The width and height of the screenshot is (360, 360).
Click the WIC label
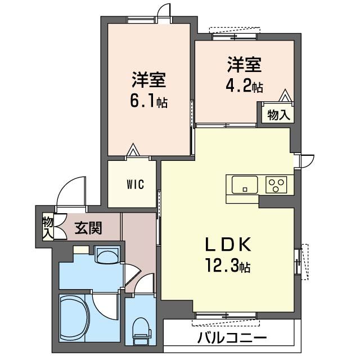coord(134,184)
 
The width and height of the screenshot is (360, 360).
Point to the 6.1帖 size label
coord(148,102)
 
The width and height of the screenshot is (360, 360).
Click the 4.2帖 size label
coord(244,87)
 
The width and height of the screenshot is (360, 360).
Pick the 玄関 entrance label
coord(88,228)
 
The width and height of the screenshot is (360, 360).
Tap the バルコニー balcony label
coord(231,339)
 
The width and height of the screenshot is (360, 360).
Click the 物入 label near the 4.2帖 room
coord(278,115)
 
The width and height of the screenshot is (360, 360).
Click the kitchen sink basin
coord(244,184)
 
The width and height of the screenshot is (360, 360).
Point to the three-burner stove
coord(276,183)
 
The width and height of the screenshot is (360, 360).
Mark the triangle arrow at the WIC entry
coord(133,150)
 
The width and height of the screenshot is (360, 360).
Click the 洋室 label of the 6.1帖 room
coord(148,80)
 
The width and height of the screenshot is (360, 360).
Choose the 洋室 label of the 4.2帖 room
coord(244,65)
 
